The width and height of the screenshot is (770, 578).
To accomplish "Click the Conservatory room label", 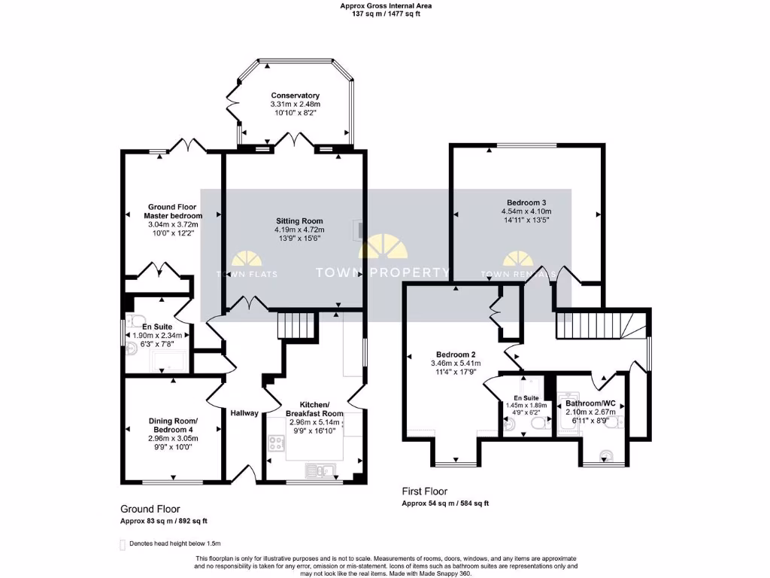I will point(295,96).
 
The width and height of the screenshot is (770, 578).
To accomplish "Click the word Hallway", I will point(244,413).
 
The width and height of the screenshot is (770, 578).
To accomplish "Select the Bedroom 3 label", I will point(526,202).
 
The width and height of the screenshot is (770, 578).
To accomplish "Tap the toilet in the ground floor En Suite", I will point(134,348).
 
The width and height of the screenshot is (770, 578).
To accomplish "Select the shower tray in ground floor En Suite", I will point(169,364).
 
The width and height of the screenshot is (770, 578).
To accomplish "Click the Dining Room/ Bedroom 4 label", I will point(172,425).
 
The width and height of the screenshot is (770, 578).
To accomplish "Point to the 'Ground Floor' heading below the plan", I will point(150,509).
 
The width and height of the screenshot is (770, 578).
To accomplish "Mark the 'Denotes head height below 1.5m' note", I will point(174,543).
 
